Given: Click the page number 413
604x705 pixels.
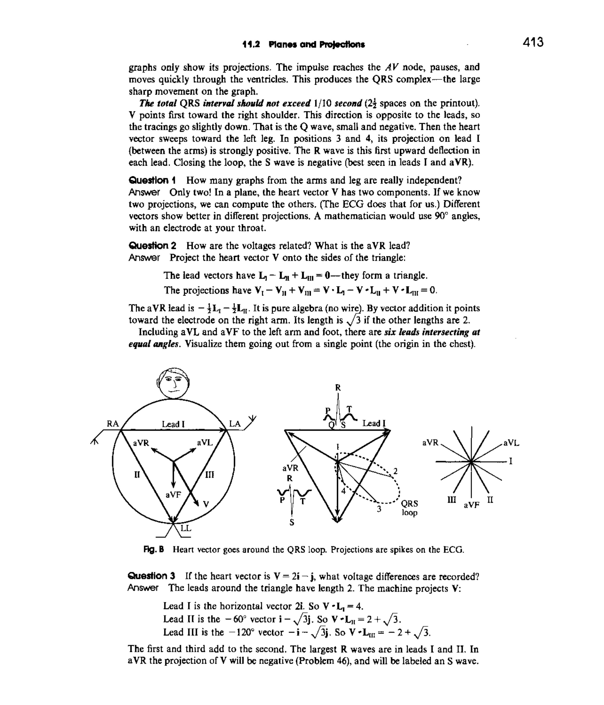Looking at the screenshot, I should tap(533, 43).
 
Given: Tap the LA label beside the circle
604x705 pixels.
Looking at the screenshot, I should tap(235, 424).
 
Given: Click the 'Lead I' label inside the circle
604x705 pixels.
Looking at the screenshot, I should tap(173, 424).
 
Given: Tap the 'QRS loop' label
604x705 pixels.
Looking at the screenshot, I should tap(409, 508).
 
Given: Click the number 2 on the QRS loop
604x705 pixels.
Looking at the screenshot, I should tap(395, 471).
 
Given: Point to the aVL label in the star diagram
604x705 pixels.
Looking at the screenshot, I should tap(511, 443).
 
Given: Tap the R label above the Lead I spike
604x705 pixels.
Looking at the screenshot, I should tap(338, 387).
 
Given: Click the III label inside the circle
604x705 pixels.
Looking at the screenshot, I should tap(210, 475).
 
